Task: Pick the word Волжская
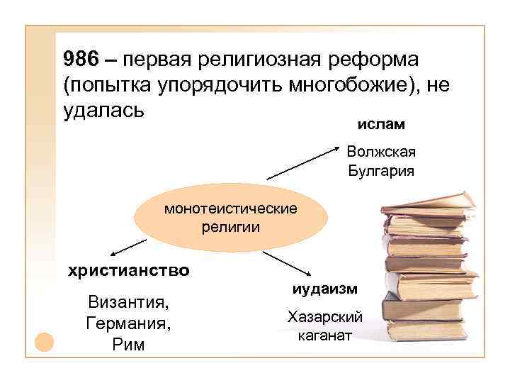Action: [x=381, y=152]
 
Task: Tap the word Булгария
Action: [x=381, y=171]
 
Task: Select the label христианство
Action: [x=128, y=270]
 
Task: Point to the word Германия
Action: [x=127, y=324]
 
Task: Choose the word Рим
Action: [x=128, y=345]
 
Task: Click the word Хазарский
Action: [x=325, y=316]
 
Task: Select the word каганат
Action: [x=325, y=335]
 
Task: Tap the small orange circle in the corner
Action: [x=44, y=342]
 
